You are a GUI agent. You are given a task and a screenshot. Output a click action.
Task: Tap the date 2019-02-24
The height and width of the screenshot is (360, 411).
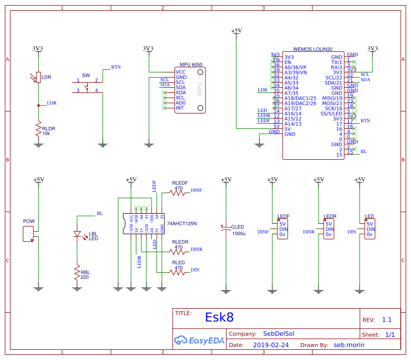271,345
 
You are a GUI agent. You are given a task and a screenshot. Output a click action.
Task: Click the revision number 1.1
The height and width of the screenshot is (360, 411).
386,319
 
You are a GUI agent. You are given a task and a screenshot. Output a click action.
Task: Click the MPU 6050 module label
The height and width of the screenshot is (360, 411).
191,65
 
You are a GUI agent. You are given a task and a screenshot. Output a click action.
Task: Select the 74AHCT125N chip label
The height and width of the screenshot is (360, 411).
182,223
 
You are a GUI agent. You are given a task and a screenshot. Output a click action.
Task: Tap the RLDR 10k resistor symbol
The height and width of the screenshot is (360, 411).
38,129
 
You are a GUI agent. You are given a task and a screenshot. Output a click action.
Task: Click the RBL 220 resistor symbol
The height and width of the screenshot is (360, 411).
77,272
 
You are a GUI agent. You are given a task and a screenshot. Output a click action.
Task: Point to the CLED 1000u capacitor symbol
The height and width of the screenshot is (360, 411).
225,230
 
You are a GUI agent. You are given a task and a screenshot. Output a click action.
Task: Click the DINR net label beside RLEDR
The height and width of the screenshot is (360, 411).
196,249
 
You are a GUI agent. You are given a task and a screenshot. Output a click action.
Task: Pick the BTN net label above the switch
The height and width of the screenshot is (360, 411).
116,67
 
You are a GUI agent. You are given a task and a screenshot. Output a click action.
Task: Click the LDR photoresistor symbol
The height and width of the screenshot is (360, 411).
38,78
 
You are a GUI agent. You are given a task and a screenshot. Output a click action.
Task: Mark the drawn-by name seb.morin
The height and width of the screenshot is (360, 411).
349,345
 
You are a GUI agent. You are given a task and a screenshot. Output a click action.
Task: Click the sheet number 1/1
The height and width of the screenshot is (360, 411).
390,334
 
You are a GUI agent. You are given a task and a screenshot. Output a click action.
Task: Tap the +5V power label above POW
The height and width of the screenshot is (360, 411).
39,180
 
